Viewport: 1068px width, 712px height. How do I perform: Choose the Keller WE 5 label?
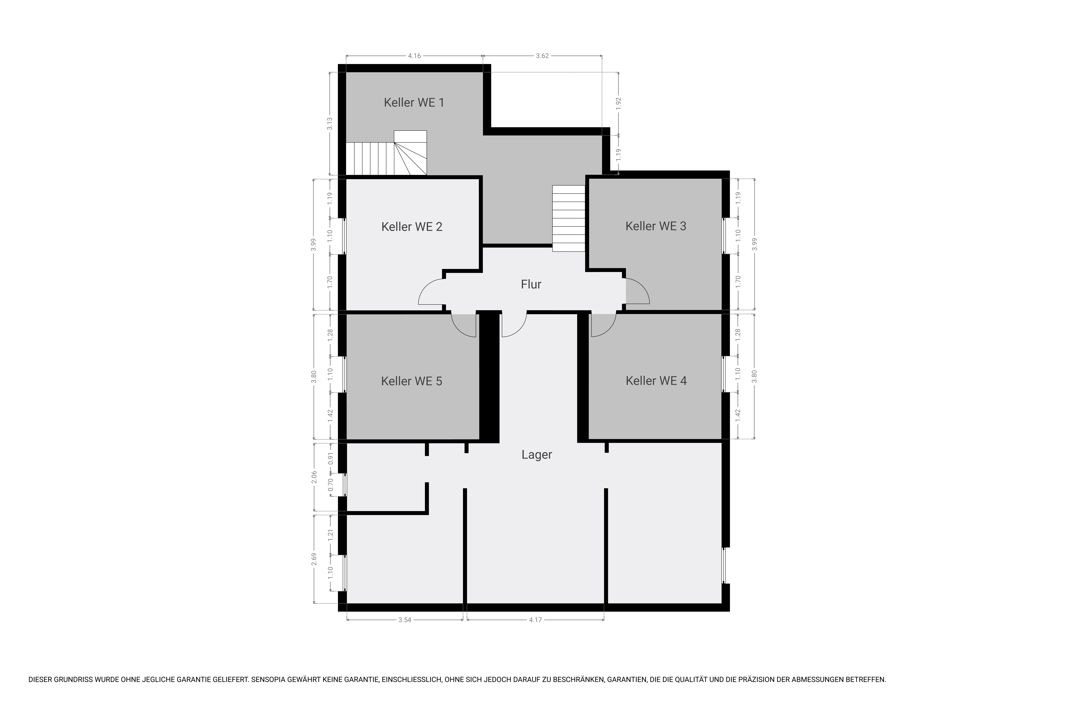(x=411, y=381)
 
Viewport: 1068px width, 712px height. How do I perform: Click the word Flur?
(x=531, y=284)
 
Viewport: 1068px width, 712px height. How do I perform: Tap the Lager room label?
(x=537, y=455)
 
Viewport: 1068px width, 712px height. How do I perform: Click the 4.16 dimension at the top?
(x=414, y=56)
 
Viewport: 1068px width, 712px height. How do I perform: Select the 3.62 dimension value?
(x=542, y=56)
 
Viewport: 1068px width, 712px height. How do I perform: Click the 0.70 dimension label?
(x=331, y=485)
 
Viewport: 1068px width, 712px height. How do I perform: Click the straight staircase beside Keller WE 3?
(x=569, y=218)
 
